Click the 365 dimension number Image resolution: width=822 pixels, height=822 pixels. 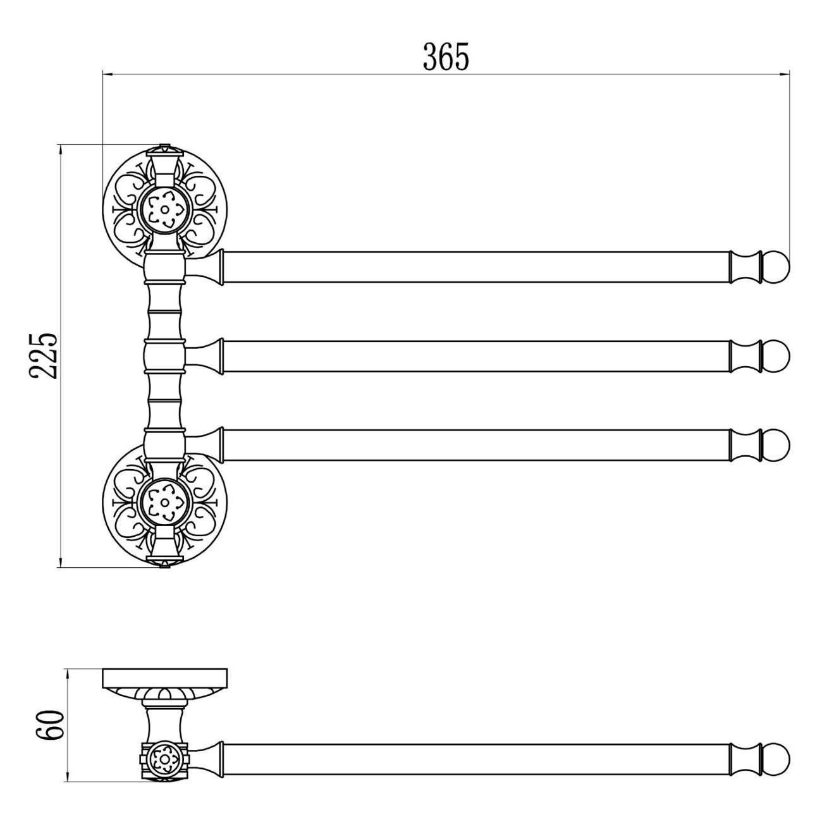[446, 56]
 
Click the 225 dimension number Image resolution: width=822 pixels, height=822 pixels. [42, 356]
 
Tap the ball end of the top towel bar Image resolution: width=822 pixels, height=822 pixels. [776, 267]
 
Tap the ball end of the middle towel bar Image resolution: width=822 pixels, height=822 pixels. [776, 356]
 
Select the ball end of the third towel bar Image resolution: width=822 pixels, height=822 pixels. [776, 445]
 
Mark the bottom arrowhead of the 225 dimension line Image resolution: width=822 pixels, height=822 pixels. [61, 561]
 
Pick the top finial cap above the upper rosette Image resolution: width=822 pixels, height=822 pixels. [164, 150]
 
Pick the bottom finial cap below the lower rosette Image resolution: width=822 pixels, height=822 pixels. [164, 562]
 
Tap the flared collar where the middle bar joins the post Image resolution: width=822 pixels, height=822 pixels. [205, 356]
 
